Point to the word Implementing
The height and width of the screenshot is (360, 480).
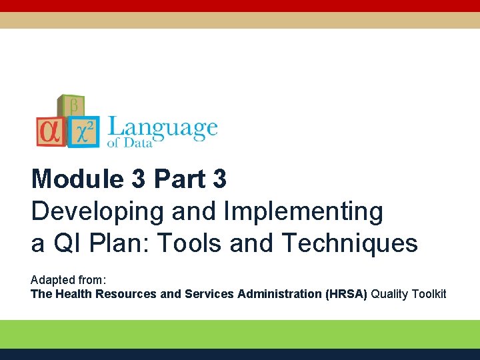click(303, 212)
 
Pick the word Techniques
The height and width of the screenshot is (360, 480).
click(350, 243)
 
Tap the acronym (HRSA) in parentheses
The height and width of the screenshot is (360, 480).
click(346, 294)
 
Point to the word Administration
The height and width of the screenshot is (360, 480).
click(279, 294)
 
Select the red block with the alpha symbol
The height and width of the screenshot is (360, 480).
click(51, 131)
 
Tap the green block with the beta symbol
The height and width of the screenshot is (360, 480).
click(71, 107)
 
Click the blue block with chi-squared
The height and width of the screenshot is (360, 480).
click(84, 133)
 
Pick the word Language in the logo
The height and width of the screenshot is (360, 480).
click(163, 127)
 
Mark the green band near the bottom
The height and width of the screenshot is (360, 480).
click(240, 333)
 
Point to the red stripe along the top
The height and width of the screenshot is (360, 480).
click(240, 5)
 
